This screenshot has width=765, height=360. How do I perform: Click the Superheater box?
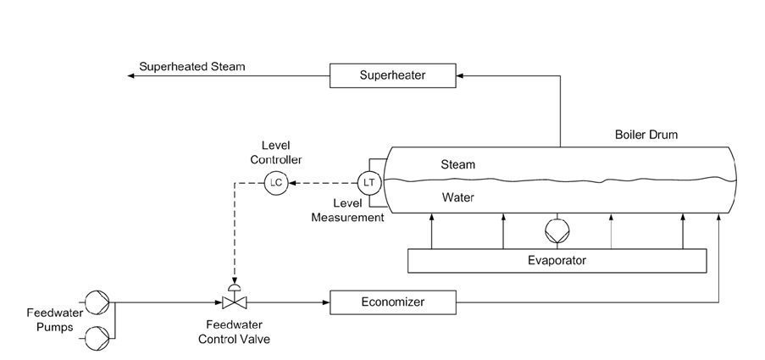coord(392,76)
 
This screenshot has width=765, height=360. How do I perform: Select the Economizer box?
coord(392,302)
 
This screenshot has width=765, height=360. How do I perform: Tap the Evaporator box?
coord(557,261)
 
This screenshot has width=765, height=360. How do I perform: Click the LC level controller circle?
coord(276,182)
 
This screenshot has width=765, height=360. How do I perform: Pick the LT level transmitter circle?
coord(369,182)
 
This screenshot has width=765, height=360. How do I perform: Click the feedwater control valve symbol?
coord(234,300)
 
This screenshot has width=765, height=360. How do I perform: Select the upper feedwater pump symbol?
coord(97,301)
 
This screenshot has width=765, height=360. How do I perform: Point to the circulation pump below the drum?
coord(557,230)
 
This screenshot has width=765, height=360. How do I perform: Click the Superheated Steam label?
coord(194,66)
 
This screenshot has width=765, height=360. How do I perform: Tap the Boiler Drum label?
coord(646,135)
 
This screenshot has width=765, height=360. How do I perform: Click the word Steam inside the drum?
coord(457,164)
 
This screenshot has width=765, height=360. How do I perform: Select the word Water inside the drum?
coord(457,198)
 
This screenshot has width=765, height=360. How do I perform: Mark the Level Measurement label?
coord(347,211)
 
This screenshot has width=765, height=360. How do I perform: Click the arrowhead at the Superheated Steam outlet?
coord(132,76)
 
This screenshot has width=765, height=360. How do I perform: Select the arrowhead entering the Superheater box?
coord(458,76)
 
